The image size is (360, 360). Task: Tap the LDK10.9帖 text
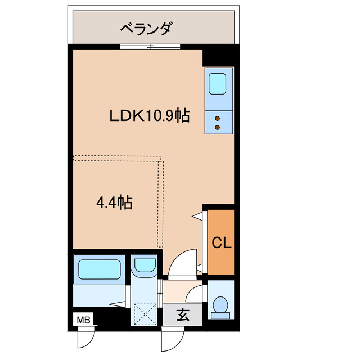pos(148,116)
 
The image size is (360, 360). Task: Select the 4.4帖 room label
pos(114,202)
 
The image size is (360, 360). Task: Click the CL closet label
pos(221,243)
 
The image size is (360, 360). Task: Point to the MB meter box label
pos(83,319)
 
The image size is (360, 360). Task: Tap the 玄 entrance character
pos(183,315)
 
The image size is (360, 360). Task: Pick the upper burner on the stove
pos(218,118)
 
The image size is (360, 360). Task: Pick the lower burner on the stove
pos(218,127)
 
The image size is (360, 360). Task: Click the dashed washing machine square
pos(145,314)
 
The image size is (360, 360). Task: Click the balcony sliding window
pos(150,46)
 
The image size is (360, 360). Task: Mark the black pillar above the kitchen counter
pos(218,58)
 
